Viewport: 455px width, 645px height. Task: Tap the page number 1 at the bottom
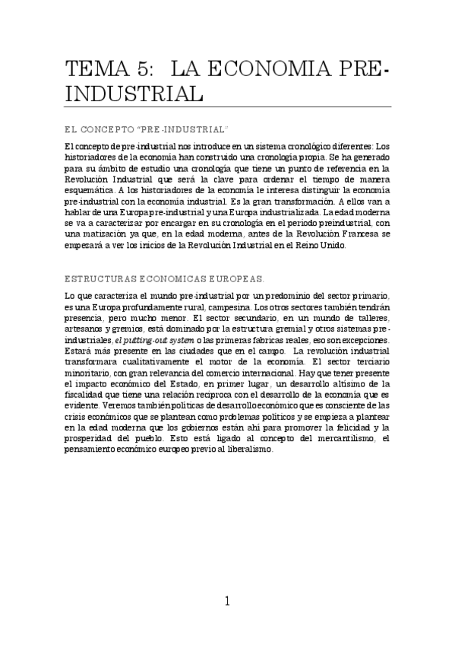(x=227, y=601)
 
